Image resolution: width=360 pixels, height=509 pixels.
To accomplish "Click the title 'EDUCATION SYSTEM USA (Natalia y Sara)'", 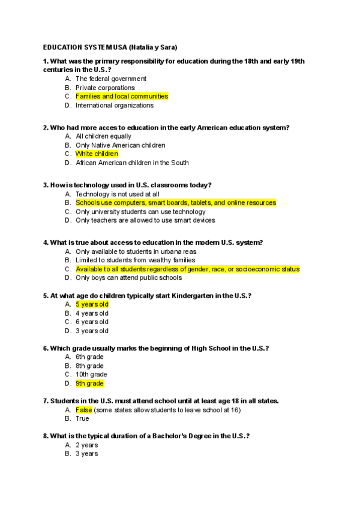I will pos(110,47).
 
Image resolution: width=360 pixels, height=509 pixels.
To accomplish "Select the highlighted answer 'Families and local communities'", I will pos(122,96).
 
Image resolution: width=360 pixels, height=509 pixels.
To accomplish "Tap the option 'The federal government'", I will pos(110,79).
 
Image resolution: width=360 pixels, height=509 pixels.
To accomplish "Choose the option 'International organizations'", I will pos(114,105).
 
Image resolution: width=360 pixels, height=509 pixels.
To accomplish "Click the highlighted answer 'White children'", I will pos(97,154).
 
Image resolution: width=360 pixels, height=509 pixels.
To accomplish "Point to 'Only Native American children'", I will pos(120,145).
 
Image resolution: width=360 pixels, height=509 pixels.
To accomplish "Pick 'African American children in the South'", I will pos(132,163).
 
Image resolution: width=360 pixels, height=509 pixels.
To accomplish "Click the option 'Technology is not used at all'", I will pos(117,194).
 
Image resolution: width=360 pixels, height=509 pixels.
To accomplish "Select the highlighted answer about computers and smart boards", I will pos(175,203).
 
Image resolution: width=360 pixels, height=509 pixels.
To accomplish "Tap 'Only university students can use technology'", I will pos(140,211).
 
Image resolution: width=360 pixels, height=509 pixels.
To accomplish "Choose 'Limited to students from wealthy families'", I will pos(135,261).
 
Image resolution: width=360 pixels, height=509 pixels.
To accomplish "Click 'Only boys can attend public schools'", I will pos(128,278).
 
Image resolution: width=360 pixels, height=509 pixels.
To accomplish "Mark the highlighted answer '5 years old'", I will pos(92,304).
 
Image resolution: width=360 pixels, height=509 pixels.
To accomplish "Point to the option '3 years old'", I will pos(92,331).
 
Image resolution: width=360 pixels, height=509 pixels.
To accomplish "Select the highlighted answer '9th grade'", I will pos(89,384).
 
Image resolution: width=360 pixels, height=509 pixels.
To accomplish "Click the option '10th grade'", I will pos(91,375).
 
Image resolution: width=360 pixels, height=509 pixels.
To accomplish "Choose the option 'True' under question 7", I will pos(82,419).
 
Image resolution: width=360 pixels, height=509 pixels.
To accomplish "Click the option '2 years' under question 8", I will pos(86,445).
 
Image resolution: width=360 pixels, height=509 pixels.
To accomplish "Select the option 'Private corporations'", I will pos(105,88).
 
